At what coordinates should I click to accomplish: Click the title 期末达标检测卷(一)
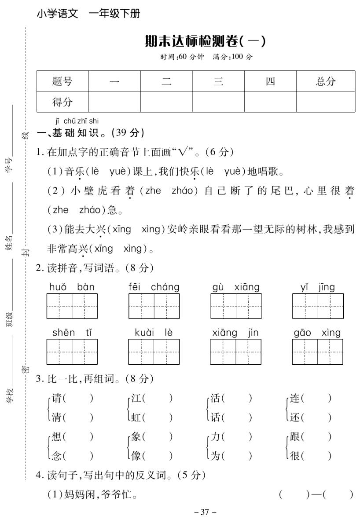[206, 42]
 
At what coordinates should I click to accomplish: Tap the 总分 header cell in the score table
[325, 81]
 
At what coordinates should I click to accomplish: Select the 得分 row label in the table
[62, 102]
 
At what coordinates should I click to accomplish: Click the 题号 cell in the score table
[62, 81]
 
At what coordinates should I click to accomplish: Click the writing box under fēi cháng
[154, 306]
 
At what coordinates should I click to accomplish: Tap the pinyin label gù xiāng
[236, 287]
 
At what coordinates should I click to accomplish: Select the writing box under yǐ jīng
[318, 306]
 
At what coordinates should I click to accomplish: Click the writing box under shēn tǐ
[72, 352]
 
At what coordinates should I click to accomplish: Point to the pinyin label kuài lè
[154, 333]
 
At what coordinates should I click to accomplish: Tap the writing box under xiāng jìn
[235, 352]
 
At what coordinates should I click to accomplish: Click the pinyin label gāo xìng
[317, 333]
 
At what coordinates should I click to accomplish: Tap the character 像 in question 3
[136, 456]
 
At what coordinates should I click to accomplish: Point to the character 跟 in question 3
[295, 437]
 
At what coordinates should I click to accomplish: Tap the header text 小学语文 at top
[58, 14]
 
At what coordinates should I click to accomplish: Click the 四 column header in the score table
[270, 81]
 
